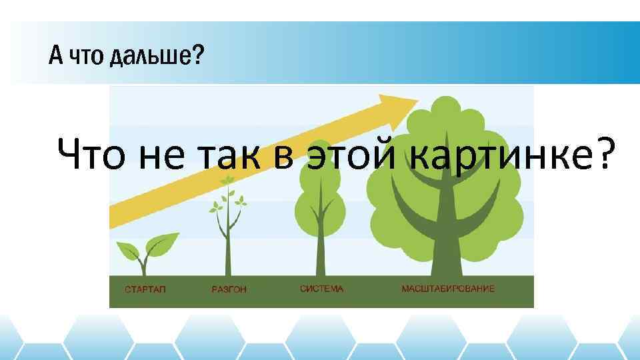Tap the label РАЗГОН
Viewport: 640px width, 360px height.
(229, 290)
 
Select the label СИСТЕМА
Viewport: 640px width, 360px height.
(321, 289)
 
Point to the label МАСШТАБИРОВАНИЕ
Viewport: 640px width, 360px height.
(448, 289)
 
